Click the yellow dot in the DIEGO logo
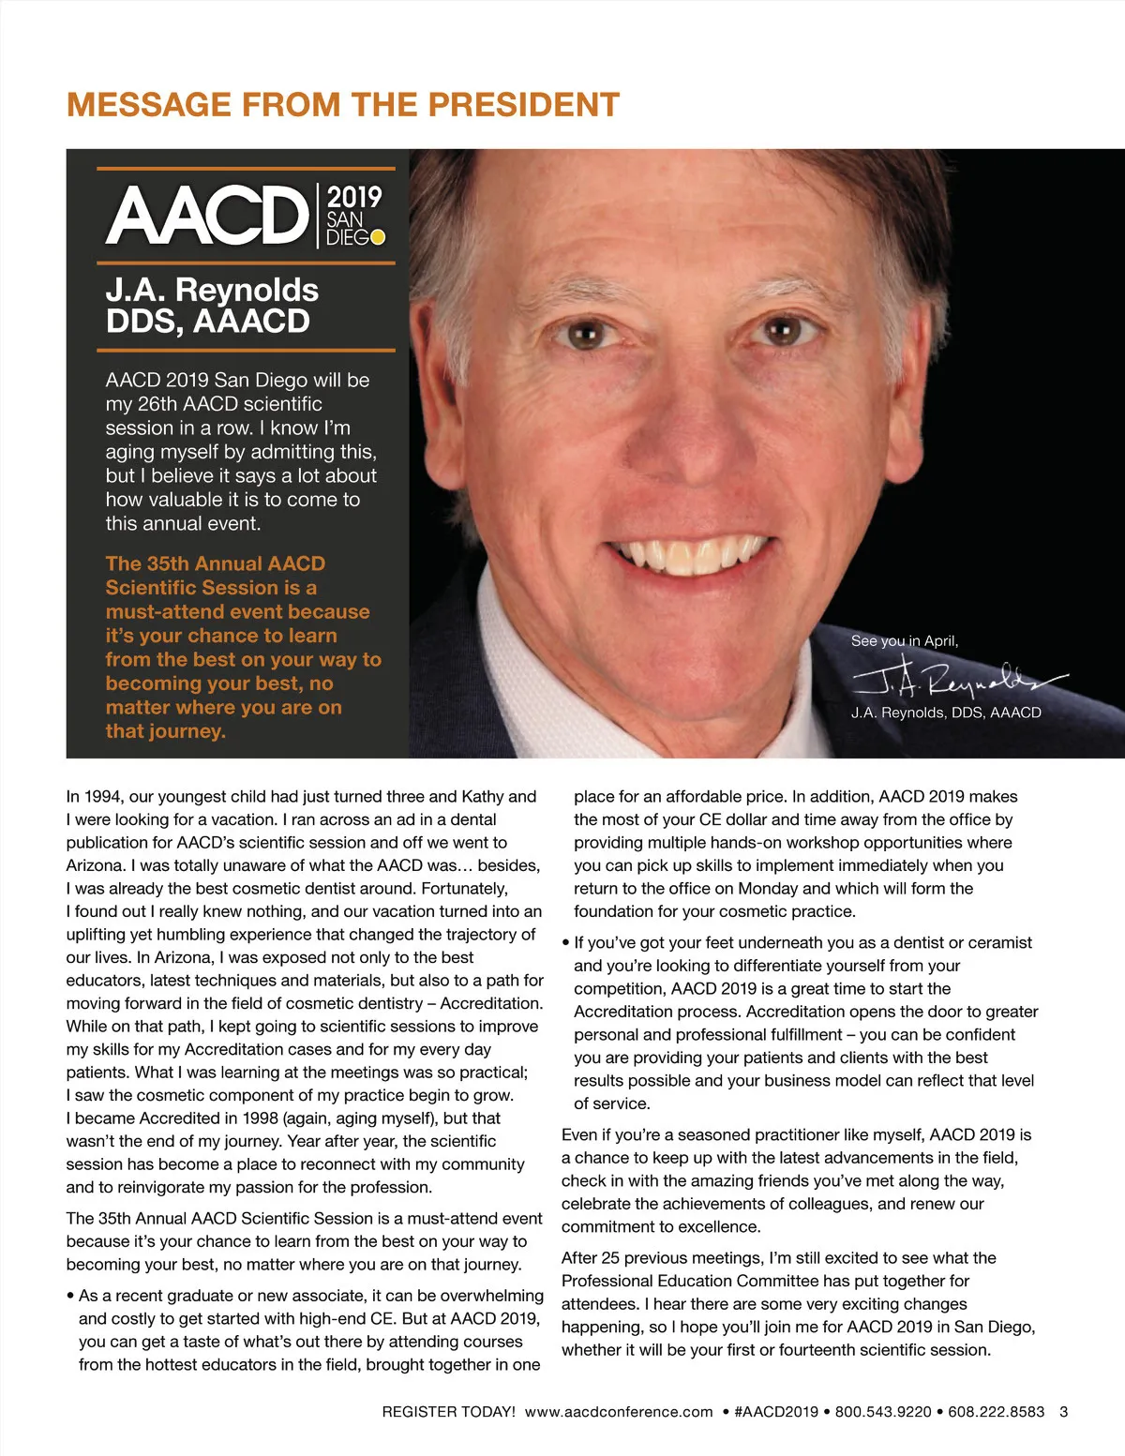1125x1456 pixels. tap(378, 237)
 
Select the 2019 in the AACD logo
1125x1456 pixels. tap(354, 198)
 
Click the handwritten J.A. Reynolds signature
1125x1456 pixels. tap(956, 680)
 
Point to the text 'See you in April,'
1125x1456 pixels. tap(904, 641)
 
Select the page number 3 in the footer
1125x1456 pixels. tap(1063, 1412)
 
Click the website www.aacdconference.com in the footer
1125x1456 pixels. tap(619, 1412)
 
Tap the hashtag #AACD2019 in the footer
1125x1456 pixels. tap(776, 1412)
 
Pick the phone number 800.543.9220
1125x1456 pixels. tap(883, 1412)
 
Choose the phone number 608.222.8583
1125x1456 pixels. tap(996, 1412)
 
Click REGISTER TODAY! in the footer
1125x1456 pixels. tap(448, 1412)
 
